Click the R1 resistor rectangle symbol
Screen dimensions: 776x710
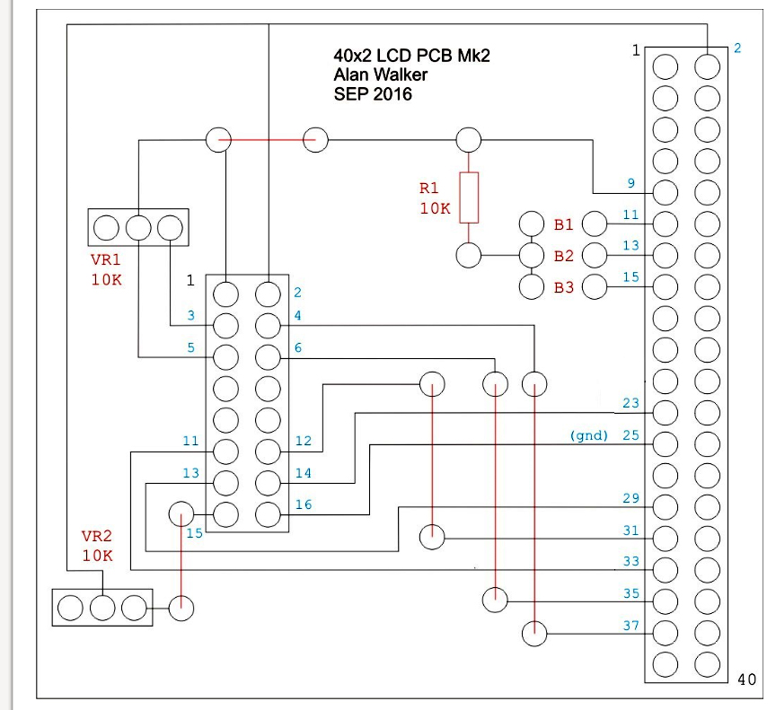click(x=469, y=197)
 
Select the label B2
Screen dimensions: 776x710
click(x=564, y=256)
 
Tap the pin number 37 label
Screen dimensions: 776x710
click(x=631, y=626)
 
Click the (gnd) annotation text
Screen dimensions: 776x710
click(x=588, y=435)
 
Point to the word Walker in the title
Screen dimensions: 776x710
click(x=401, y=75)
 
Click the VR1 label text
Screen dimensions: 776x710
click(x=106, y=259)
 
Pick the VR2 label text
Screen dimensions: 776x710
click(x=96, y=536)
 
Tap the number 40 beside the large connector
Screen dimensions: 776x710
click(x=746, y=679)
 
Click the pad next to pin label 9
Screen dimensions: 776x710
click(x=666, y=193)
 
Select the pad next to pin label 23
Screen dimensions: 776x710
click(x=666, y=412)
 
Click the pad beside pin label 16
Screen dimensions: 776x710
click(x=268, y=514)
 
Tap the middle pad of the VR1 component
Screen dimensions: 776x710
click(x=138, y=228)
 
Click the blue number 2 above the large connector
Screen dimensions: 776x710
click(x=737, y=48)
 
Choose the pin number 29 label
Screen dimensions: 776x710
click(x=631, y=498)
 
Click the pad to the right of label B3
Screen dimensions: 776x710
click(x=595, y=287)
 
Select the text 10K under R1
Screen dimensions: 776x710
click(x=435, y=208)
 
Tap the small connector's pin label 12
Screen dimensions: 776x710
click(x=304, y=441)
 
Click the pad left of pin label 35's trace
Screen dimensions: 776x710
click(x=495, y=600)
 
